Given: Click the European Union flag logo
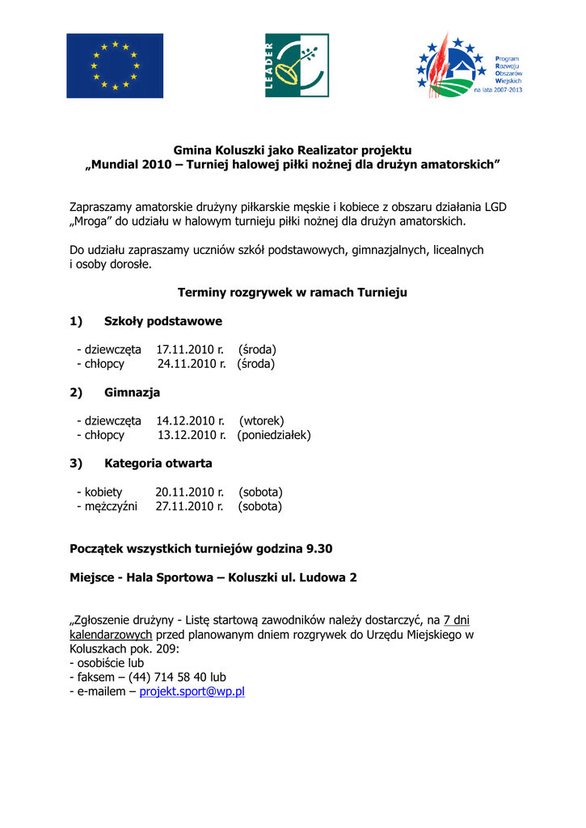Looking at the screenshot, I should click(x=115, y=65).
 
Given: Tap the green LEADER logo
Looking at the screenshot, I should click(x=297, y=65).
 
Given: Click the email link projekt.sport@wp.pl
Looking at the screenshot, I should click(x=192, y=691).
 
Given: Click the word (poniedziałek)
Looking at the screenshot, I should click(x=274, y=435).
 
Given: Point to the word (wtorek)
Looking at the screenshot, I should click(x=262, y=420).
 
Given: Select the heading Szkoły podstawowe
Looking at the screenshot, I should click(x=163, y=321).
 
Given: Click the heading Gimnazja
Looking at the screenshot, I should click(x=133, y=392).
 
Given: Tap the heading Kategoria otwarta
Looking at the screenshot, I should click(x=158, y=463).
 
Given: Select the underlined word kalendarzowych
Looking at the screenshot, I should click(x=111, y=635).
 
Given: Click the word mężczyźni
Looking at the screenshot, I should click(x=112, y=506).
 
